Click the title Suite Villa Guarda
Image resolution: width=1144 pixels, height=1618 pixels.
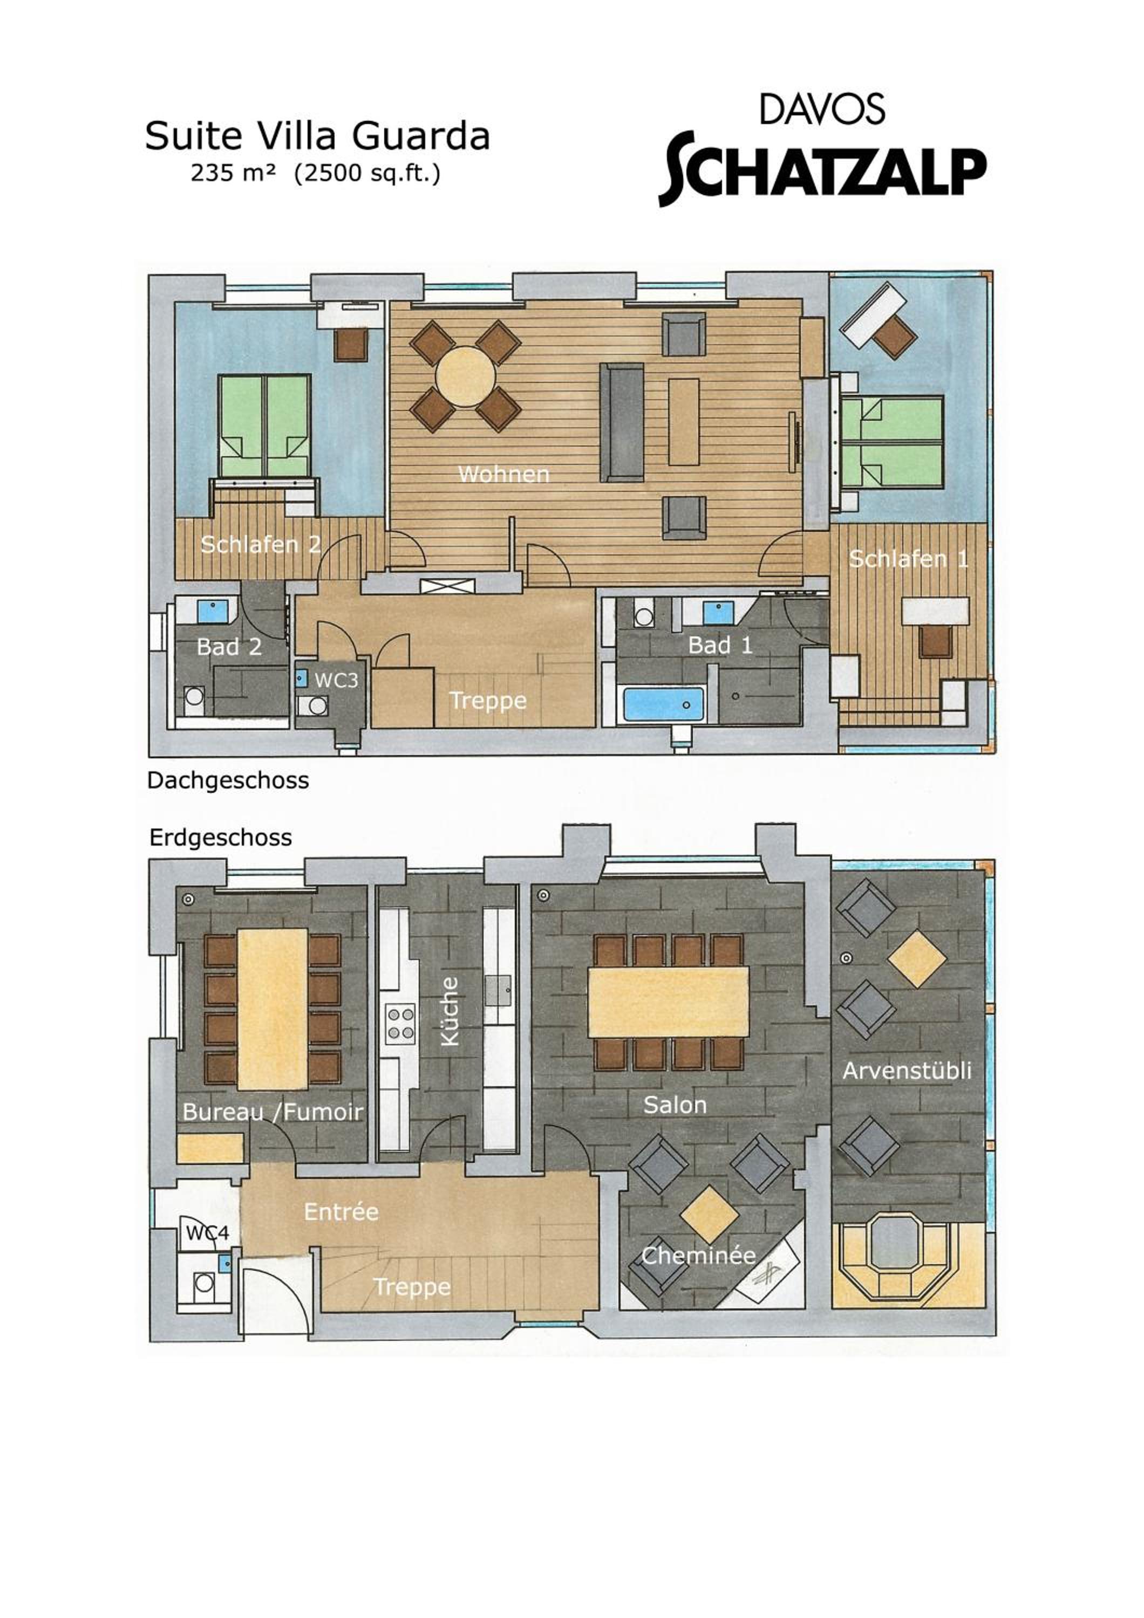click(x=317, y=135)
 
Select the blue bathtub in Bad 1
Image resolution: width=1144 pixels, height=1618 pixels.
click(x=663, y=704)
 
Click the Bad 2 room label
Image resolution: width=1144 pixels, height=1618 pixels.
click(x=229, y=646)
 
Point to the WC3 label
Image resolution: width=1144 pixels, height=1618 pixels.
click(x=336, y=680)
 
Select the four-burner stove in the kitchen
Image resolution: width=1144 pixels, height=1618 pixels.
click(x=400, y=1024)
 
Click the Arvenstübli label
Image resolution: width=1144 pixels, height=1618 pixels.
click(x=907, y=1071)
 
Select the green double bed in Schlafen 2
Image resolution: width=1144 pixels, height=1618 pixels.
click(x=264, y=426)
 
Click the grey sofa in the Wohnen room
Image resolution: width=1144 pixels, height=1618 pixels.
click(x=622, y=422)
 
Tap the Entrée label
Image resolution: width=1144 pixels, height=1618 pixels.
click(x=341, y=1211)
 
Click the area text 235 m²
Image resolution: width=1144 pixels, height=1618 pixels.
click(x=233, y=173)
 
